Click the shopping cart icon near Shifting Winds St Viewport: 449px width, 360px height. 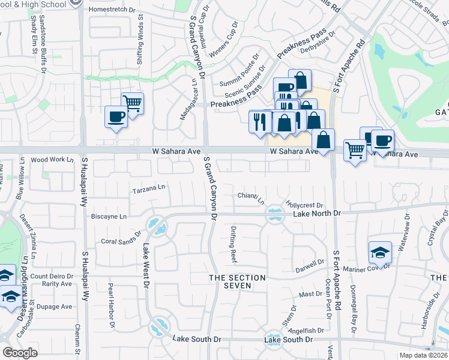[131, 103]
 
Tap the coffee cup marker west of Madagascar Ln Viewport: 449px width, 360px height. [115, 116]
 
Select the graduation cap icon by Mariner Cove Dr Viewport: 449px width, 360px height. [380, 252]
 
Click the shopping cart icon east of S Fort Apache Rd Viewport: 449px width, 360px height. [355, 149]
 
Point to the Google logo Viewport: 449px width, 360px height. [20, 353]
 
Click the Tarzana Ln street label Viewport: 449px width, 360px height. [148, 188]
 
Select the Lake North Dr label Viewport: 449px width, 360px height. [316, 213]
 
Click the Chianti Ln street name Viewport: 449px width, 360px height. [250, 197]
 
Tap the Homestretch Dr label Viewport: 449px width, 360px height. [112, 10]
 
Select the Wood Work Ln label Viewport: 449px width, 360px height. [52, 160]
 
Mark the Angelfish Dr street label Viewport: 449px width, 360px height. [307, 330]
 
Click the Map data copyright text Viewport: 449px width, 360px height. [423, 355]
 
